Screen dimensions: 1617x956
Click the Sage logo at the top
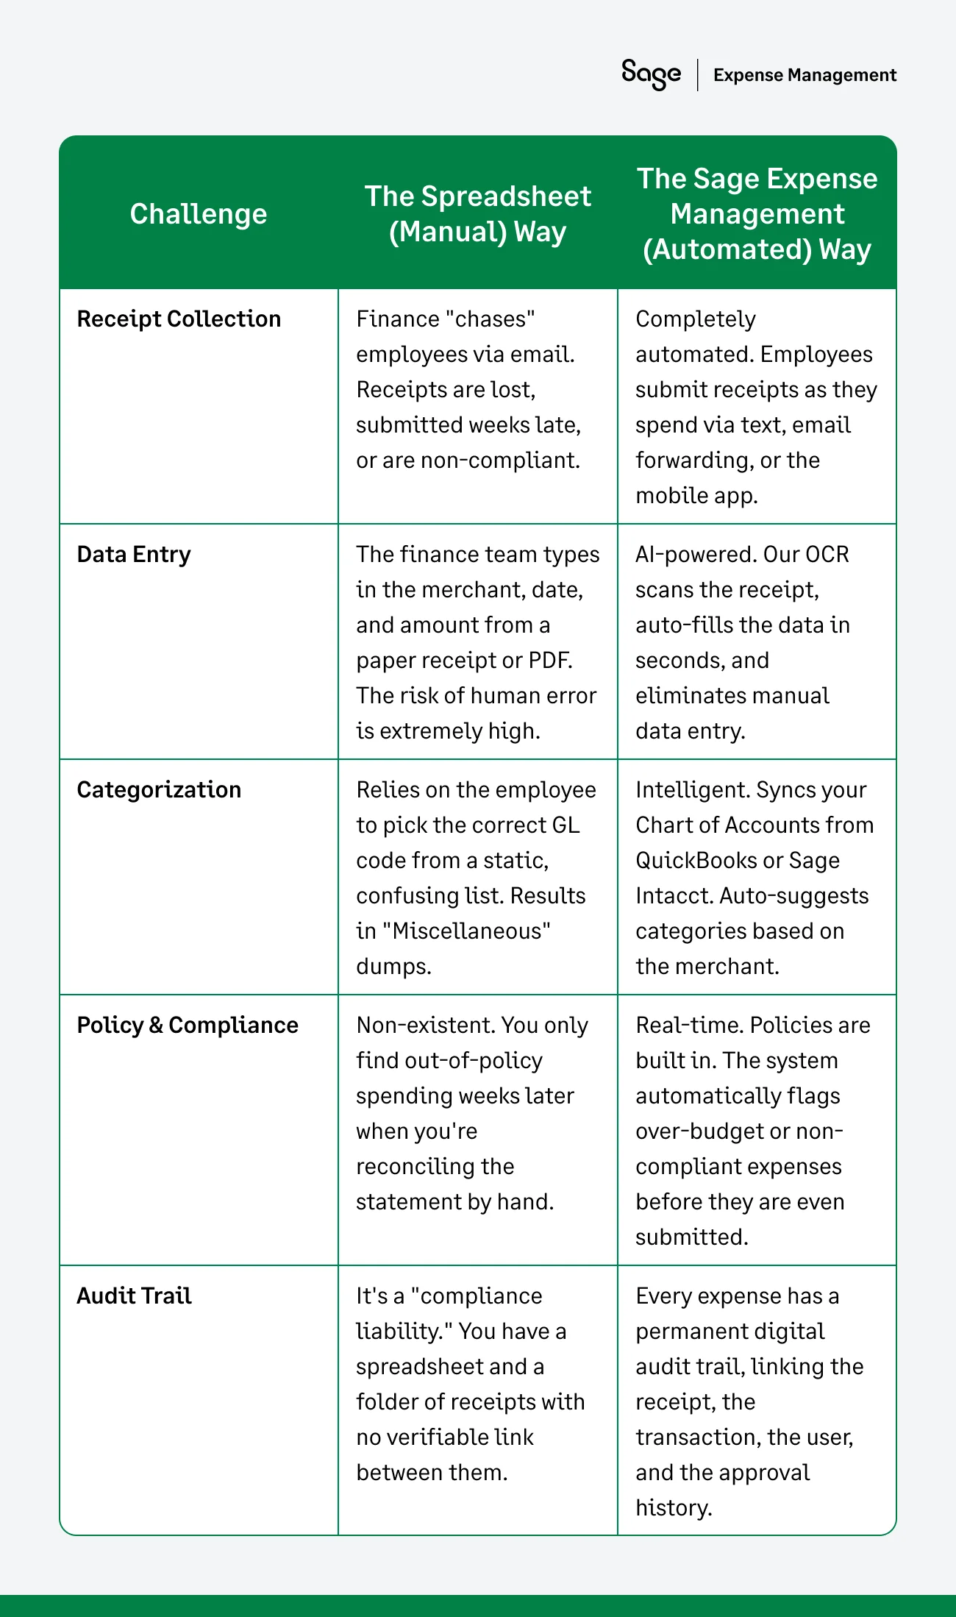coord(651,74)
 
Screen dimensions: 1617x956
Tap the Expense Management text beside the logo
coord(805,75)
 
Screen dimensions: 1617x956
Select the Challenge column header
coord(199,214)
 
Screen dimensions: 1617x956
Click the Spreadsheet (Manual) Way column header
coord(478,214)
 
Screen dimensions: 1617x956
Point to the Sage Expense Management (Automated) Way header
coord(757,214)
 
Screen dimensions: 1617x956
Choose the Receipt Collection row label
coord(179,319)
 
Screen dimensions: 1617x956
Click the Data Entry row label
coord(134,555)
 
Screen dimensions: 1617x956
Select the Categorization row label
coord(159,790)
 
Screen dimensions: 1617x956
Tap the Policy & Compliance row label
coord(188,1026)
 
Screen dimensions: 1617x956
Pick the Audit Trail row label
coord(134,1296)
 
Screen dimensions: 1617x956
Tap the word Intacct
coord(673,896)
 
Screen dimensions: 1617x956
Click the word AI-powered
coord(694,555)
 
